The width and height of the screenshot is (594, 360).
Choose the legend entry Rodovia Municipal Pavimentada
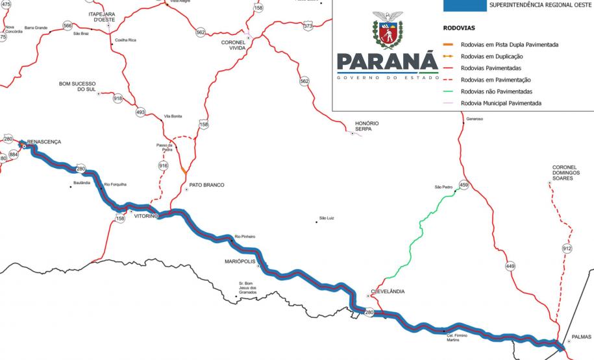point(500,103)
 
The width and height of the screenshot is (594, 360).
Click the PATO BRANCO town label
point(206,185)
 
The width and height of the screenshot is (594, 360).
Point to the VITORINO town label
point(145,217)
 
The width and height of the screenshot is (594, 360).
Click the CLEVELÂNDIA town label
point(388,291)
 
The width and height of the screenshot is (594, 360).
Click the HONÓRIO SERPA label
point(367,126)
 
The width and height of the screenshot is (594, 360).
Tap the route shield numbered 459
point(464,185)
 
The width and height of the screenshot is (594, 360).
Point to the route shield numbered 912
point(567,248)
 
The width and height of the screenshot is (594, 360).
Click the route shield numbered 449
point(510,266)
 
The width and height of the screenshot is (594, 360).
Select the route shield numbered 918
point(118,98)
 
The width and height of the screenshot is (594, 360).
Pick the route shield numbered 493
point(141,112)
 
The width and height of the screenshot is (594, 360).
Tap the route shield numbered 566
point(68,25)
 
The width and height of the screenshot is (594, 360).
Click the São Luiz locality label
point(326,218)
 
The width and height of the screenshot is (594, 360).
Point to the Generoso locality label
point(475,119)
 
